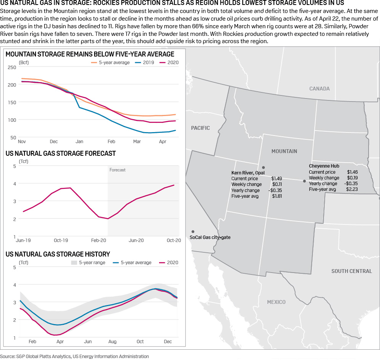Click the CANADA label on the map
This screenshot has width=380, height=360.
coord(319,89)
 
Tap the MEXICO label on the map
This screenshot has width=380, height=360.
coord(276,302)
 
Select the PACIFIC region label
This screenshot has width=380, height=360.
coord(200,128)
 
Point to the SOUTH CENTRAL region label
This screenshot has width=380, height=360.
coord(351,271)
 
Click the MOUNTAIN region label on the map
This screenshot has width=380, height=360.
coord(284,151)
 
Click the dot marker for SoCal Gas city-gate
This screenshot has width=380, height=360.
coord(193,232)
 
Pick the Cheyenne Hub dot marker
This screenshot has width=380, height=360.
coord(304,181)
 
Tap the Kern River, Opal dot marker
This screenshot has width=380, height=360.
coord(263,168)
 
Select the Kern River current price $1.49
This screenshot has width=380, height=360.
coord(277,178)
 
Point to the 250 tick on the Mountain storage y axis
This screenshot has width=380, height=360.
coord(12,67)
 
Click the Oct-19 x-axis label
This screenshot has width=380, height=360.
coord(61,241)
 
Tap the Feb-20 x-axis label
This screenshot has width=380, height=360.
coord(98,241)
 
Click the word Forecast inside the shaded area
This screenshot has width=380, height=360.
coord(118,170)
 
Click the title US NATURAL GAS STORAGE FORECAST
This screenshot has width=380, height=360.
coord(61,153)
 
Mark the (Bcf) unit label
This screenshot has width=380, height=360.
coord(24,62)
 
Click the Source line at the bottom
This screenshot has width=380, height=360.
coord(75,357)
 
